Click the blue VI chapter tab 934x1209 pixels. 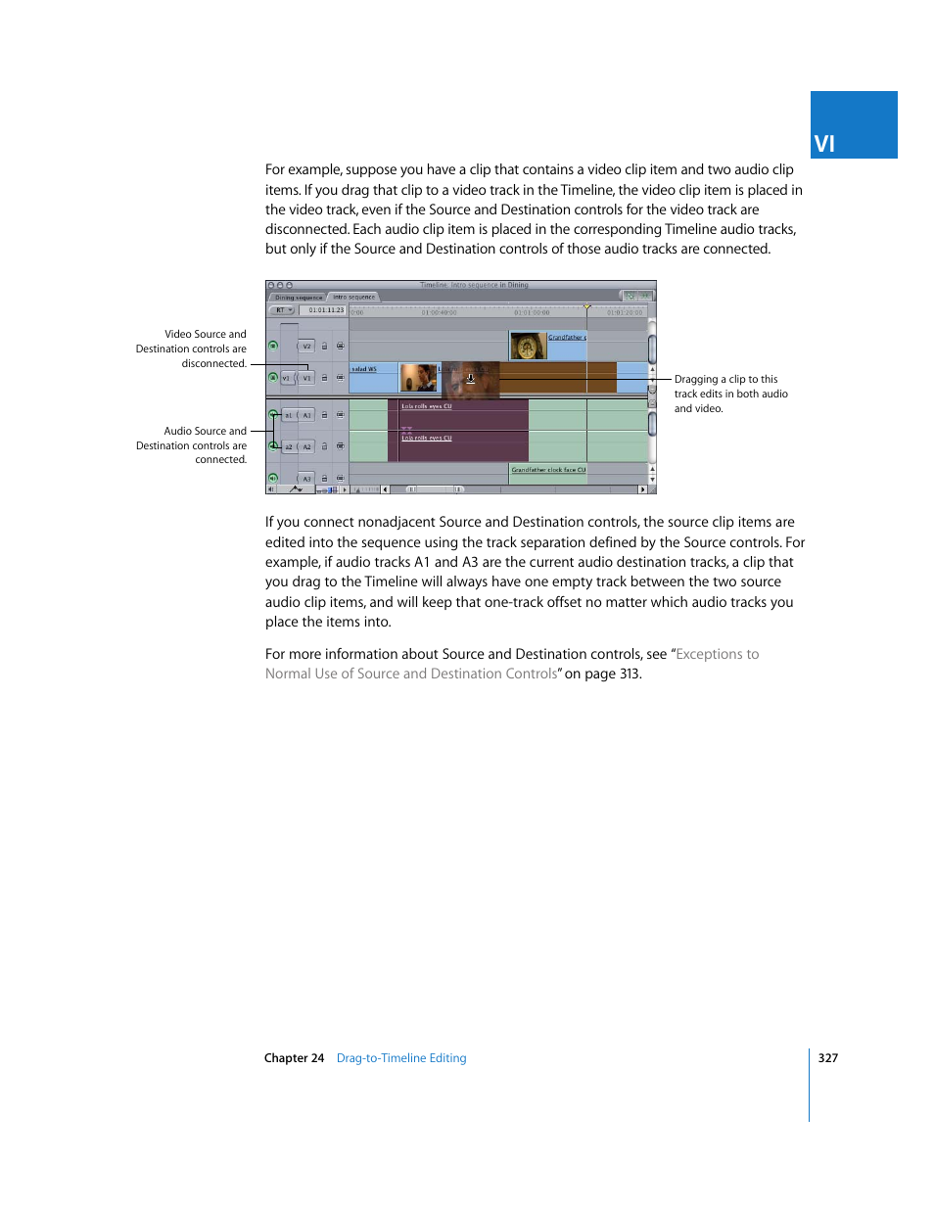853,125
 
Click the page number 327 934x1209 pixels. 828,1058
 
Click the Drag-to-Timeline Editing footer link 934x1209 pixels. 401,1058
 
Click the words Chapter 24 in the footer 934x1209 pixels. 294,1058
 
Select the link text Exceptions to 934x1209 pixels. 717,654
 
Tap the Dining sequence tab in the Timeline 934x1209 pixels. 298,297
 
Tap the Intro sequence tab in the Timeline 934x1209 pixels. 353,297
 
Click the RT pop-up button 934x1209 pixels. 282,310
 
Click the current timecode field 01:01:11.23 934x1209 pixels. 325,310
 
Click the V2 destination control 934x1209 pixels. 306,346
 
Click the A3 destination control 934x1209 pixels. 306,479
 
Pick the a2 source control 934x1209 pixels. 289,446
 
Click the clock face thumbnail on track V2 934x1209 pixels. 528,346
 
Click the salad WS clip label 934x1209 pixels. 364,369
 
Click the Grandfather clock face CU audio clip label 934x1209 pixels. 548,470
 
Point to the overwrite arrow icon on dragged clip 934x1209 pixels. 470,378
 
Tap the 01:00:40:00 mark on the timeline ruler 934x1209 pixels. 439,312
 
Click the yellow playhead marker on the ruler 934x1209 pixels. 586,306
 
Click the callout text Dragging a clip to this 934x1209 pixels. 725,379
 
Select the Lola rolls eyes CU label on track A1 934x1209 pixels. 427,406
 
